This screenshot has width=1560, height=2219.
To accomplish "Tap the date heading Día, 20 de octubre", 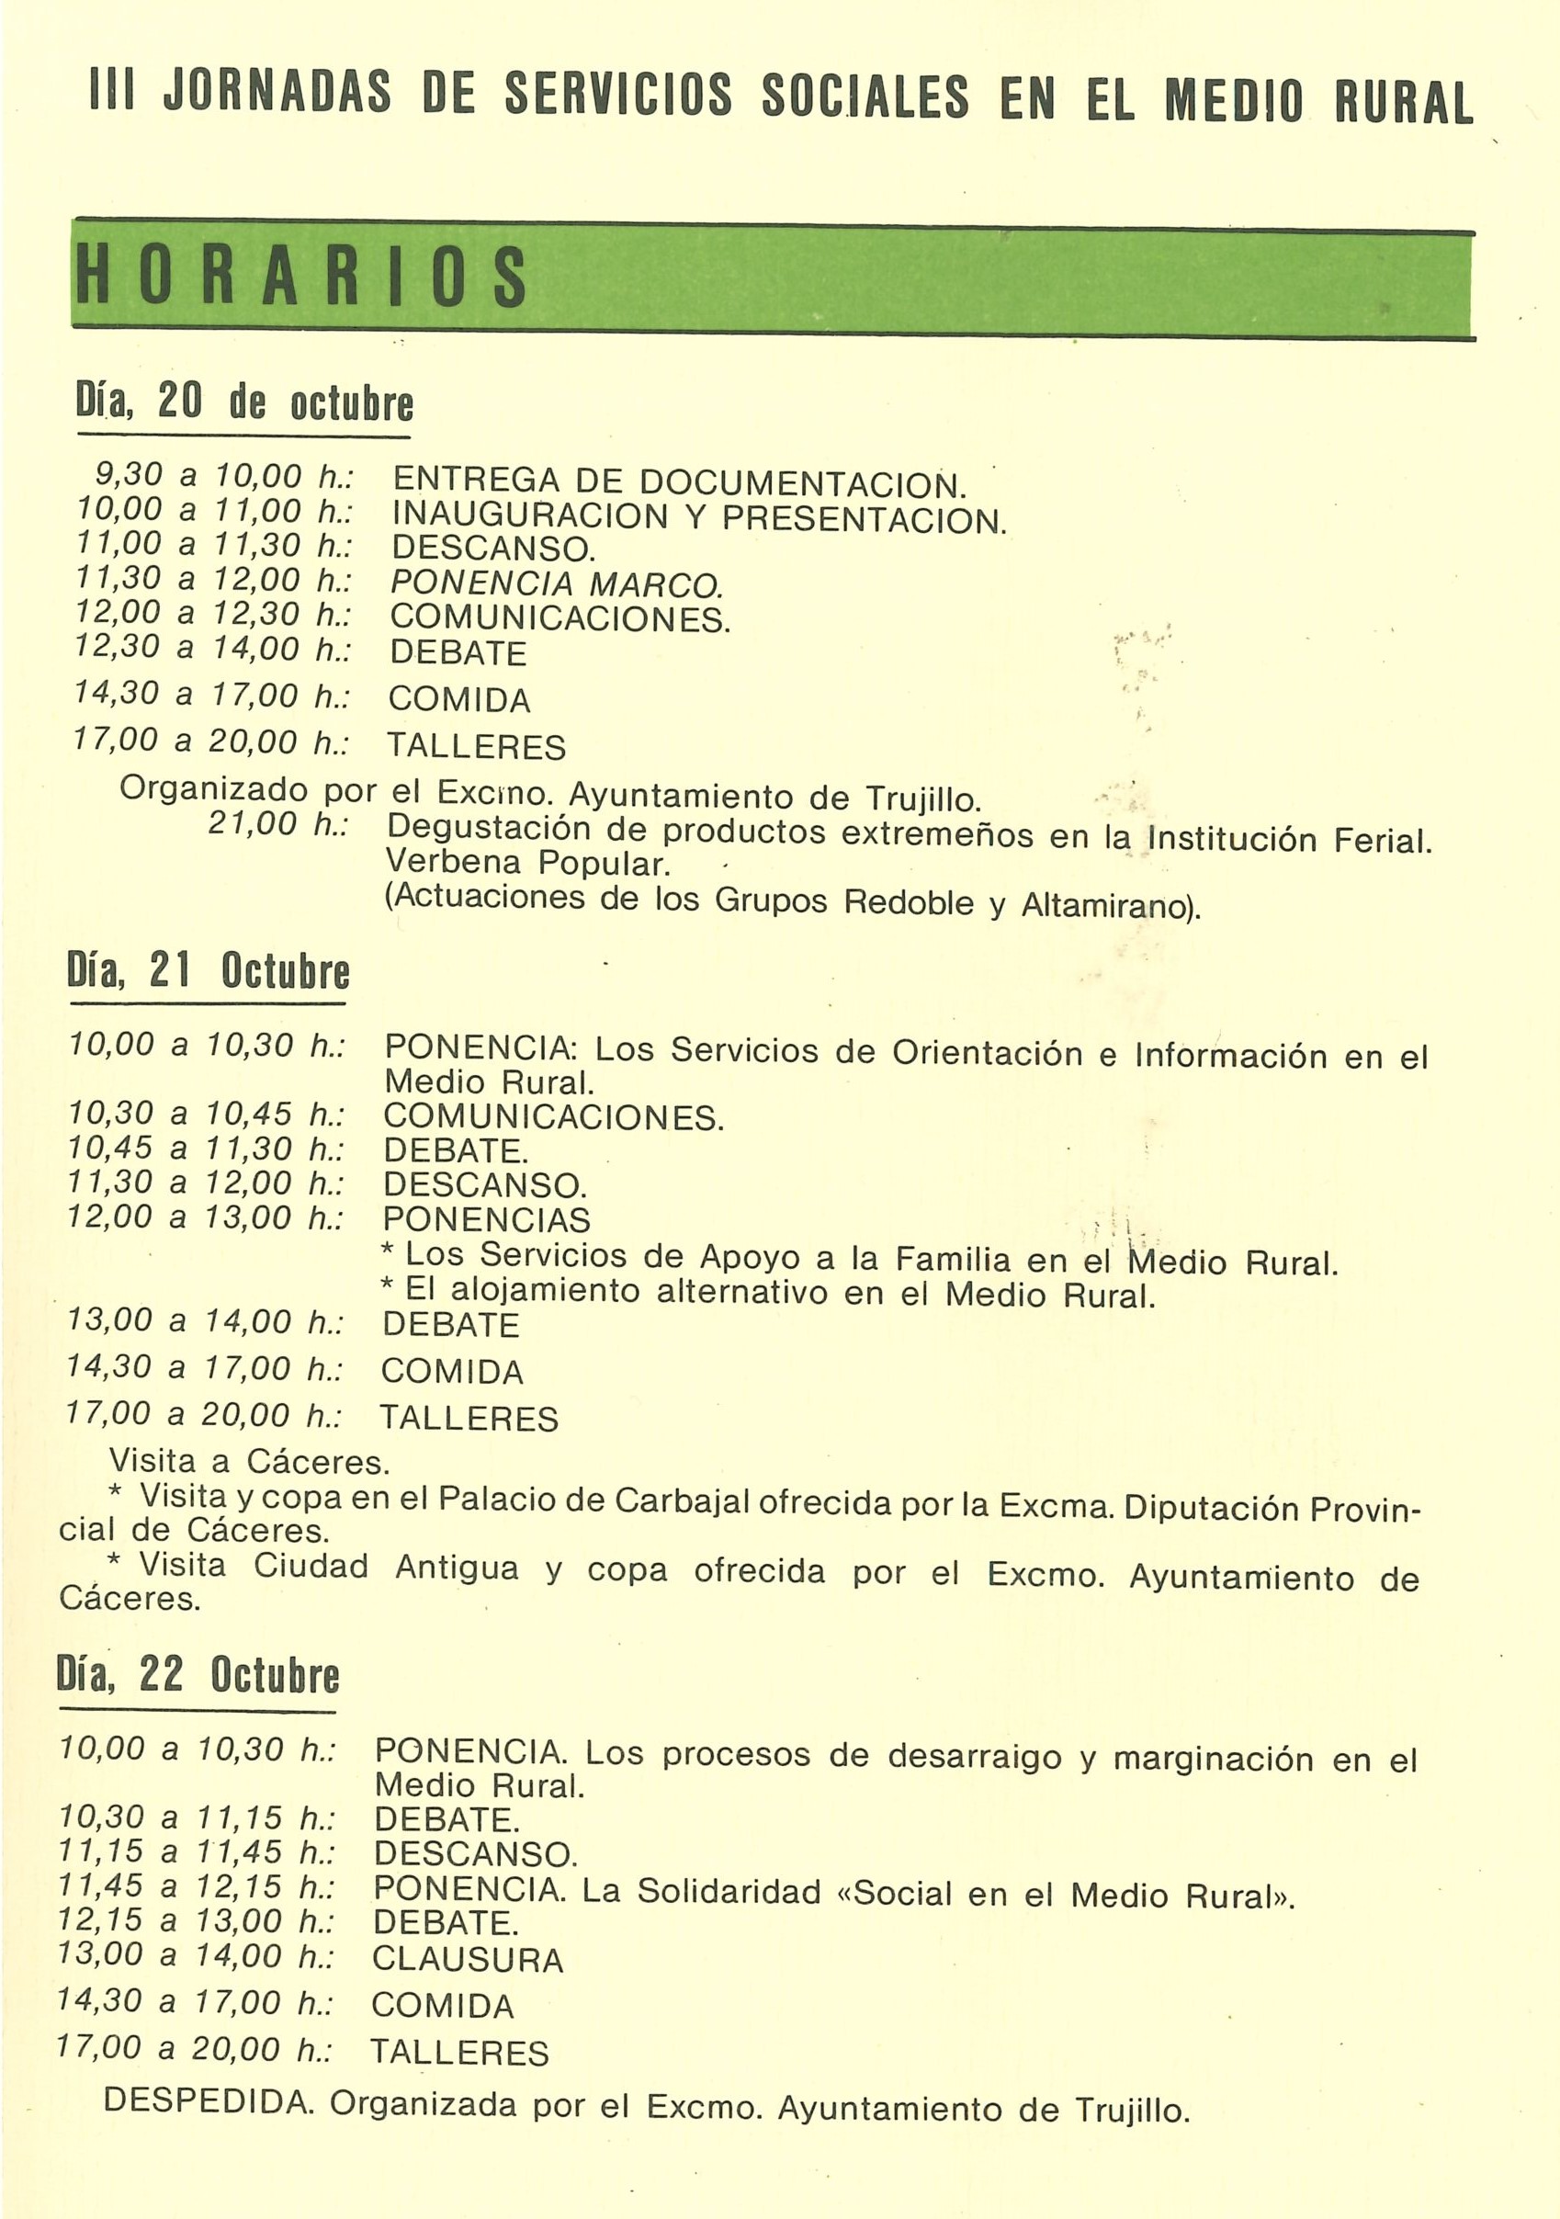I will tap(244, 402).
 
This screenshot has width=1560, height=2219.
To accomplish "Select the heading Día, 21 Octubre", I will tap(208, 971).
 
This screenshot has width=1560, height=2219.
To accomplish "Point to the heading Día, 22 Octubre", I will tap(198, 1675).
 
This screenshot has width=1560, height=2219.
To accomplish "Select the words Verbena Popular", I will tap(526, 861).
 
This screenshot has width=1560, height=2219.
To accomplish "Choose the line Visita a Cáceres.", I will tap(249, 1461).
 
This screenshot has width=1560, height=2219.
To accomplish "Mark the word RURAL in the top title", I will tap(1404, 101).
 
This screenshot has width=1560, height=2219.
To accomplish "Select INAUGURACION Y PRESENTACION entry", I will tap(698, 517).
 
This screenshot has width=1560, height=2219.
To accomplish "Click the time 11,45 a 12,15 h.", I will tap(197, 1885).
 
